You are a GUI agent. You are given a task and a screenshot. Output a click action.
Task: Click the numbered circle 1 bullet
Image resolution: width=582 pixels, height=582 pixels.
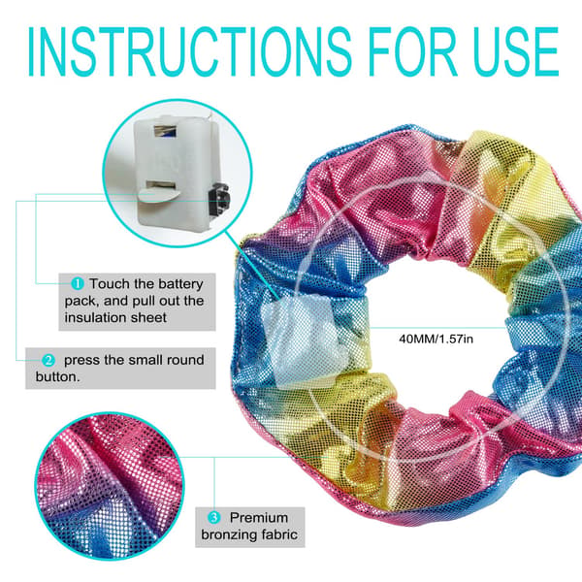78,284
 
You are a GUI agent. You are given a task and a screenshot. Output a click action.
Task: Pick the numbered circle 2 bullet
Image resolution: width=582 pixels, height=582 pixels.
48,360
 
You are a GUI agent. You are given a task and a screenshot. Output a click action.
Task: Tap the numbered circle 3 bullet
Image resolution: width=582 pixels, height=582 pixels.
213,517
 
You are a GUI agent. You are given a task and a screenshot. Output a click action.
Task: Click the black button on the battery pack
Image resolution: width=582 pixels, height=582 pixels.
219,201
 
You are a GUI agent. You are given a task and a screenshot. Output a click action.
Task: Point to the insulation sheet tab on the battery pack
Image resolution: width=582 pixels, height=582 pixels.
159,194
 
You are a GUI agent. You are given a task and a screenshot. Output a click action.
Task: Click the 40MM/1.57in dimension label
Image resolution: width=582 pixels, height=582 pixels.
436,339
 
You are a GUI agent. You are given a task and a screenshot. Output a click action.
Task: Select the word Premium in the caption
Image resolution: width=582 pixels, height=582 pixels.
259,517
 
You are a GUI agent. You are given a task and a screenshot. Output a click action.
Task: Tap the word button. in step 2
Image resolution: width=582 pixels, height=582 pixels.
57,376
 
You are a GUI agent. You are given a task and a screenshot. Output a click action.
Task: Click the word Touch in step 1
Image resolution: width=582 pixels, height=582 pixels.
111,284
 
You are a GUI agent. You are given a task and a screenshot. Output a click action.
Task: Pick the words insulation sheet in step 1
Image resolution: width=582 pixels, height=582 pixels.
115,318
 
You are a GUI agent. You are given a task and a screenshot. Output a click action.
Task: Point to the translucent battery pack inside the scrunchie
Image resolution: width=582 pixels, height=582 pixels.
303,341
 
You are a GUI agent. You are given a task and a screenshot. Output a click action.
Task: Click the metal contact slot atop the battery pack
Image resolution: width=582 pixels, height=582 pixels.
166,130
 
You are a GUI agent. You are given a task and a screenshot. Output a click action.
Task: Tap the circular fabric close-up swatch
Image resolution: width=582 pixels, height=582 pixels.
109,486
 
